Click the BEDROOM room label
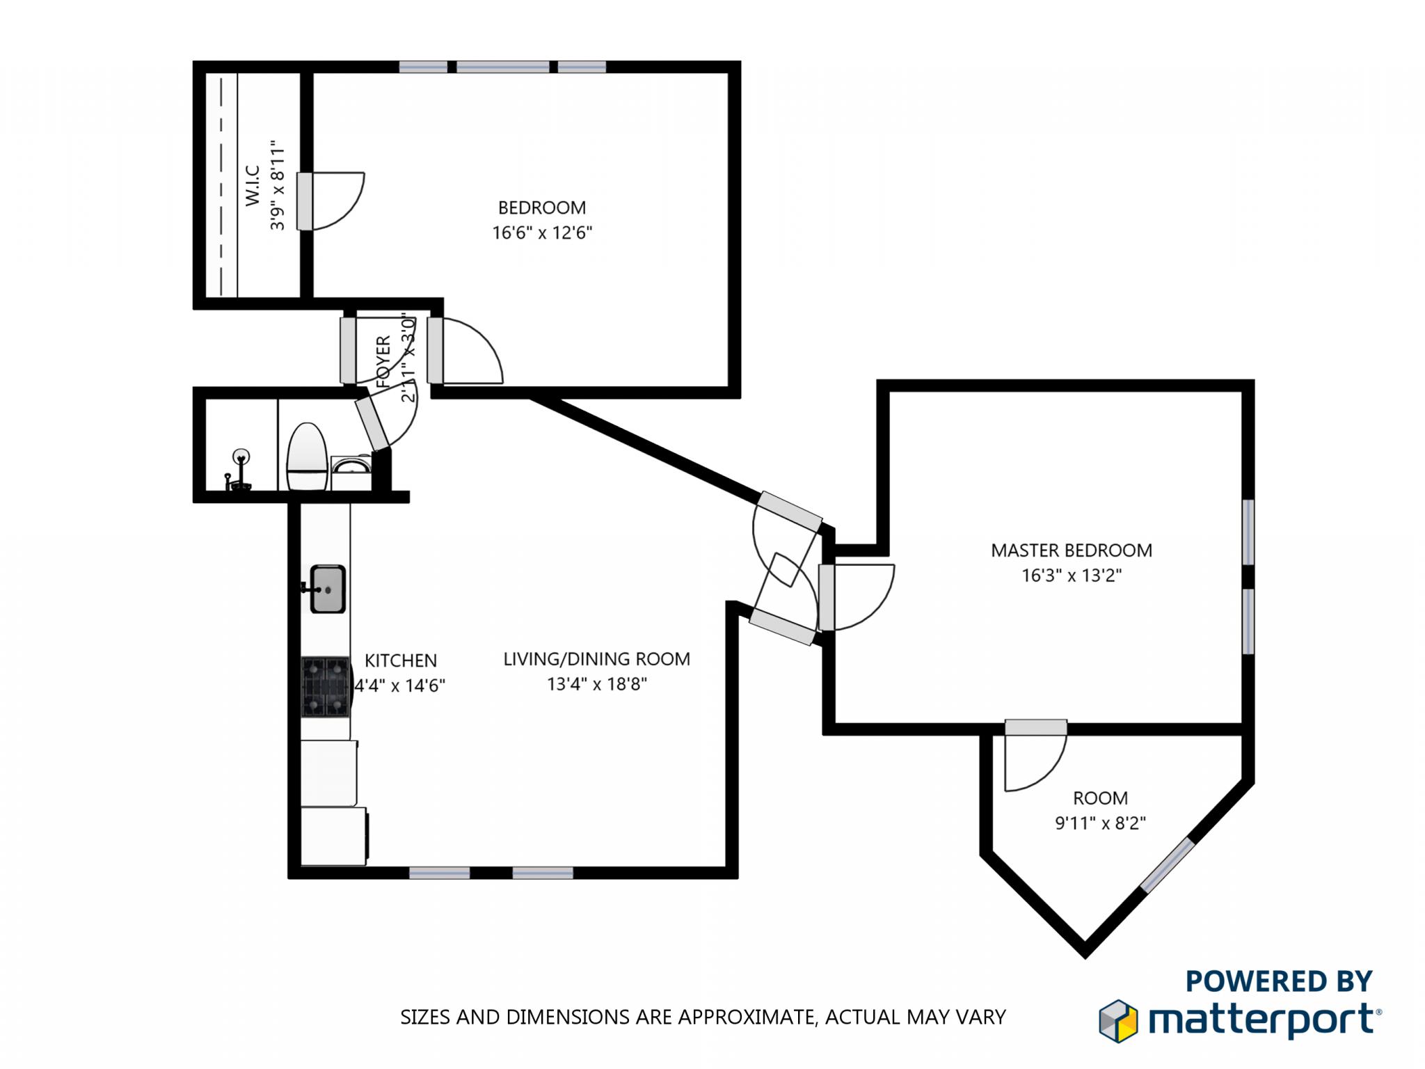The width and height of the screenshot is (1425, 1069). click(x=541, y=207)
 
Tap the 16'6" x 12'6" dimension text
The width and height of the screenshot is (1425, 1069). click(x=541, y=232)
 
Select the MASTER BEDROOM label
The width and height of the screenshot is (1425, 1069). click(x=1071, y=551)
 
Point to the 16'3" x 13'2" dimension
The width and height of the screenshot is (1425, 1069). click(x=1071, y=576)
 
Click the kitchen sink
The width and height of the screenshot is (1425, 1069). click(x=327, y=589)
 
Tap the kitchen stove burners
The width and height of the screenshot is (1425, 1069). click(x=326, y=687)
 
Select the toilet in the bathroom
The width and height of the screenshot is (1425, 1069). click(x=307, y=457)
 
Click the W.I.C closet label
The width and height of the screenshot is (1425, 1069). click(x=252, y=186)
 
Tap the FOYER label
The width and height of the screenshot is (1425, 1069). click(x=383, y=361)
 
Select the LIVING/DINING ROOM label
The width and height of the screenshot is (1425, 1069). click(x=596, y=658)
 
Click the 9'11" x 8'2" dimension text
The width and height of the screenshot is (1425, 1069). click(x=1100, y=823)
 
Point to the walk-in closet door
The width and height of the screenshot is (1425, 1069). click(x=305, y=201)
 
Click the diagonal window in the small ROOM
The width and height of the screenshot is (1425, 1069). click(x=1168, y=865)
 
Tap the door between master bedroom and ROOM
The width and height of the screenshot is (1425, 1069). click(x=1035, y=727)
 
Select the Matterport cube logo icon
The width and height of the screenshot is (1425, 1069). click(x=1117, y=1021)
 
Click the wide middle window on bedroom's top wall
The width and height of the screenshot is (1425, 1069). click(x=502, y=67)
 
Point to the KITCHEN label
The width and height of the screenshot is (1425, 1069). click(x=401, y=660)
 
